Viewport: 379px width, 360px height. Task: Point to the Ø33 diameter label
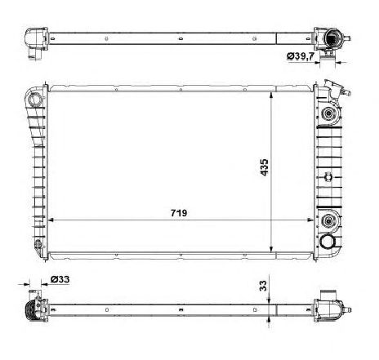pyautogui.click(x=60, y=280)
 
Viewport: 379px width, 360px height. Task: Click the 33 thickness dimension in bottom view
pyautogui.click(x=263, y=287)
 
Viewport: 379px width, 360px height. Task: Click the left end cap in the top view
pyautogui.click(x=33, y=38)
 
